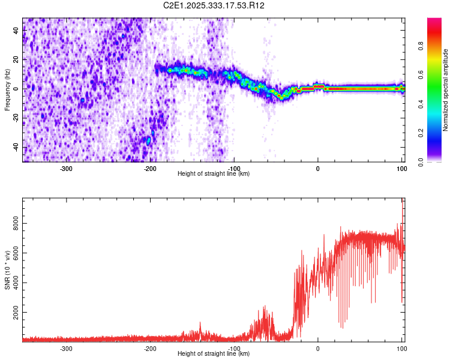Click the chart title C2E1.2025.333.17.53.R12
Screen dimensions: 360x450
214,5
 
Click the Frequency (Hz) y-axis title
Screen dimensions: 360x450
7,90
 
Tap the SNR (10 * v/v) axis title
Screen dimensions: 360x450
7,270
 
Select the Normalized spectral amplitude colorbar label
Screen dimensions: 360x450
446,90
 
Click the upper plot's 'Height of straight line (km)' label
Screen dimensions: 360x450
214,173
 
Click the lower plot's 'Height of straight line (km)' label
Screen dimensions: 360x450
214,354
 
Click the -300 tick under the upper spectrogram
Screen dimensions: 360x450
66,169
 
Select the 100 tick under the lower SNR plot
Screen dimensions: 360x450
401,349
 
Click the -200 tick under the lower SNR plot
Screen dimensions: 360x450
150,349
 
